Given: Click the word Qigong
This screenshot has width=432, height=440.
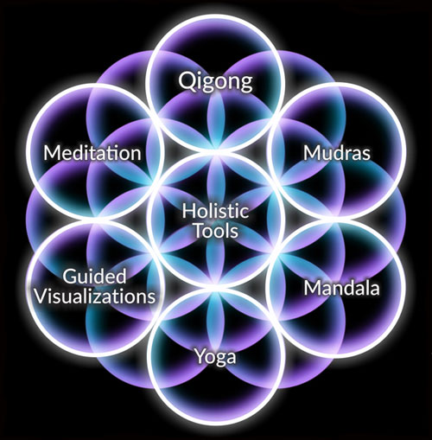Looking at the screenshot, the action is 215,82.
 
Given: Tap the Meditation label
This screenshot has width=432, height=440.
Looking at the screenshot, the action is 92,153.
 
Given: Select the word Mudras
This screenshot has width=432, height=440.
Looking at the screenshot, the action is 337,153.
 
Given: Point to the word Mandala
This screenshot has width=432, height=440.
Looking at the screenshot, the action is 342,288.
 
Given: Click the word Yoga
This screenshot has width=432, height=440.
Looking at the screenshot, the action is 216,357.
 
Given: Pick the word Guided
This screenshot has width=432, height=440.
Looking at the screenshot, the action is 94,277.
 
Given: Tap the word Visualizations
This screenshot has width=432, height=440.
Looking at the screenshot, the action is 95,297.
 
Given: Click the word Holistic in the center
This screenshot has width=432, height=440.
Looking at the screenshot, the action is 215,211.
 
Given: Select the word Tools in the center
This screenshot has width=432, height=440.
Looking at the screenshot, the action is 216,231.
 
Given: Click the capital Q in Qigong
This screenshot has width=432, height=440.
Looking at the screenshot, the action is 187,81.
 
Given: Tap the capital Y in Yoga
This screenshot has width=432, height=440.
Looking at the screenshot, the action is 200,355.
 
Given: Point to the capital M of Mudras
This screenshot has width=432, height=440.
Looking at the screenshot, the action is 312,153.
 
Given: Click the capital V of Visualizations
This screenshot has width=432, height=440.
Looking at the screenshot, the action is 41,297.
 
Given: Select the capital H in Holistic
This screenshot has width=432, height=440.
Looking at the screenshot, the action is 188,211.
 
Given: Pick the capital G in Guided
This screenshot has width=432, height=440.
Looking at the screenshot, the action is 70,277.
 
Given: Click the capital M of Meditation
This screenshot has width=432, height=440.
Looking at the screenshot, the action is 52,153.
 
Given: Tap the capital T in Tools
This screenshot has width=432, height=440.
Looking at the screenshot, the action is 200,231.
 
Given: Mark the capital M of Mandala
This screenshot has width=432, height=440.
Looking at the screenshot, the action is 313,288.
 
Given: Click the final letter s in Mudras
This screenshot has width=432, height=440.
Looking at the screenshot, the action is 365,155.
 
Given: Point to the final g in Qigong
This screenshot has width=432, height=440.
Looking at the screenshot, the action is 247,84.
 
